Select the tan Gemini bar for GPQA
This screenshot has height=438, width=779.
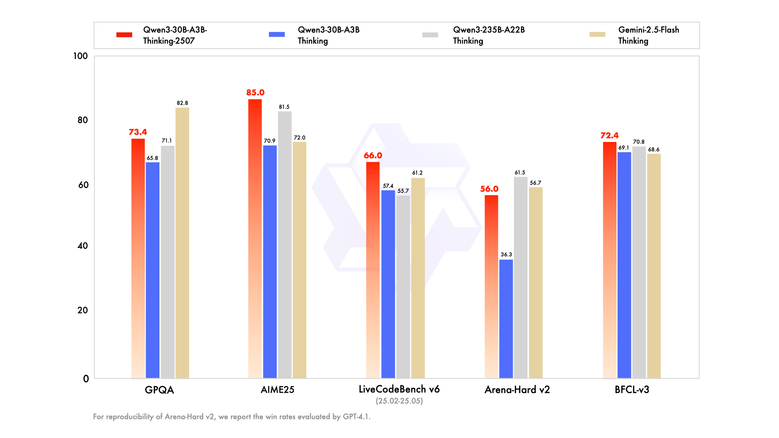[182, 243]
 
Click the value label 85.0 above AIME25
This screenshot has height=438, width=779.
[255, 92]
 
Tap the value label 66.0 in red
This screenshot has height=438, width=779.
[373, 155]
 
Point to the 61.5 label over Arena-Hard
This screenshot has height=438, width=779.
[520, 172]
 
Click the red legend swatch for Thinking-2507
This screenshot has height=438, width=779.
[124, 35]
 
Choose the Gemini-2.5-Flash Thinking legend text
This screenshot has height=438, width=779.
[648, 35]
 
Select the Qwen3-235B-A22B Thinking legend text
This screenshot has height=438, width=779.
[488, 35]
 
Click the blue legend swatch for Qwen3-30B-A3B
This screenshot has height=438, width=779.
[277, 34]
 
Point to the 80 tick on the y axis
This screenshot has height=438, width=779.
[83, 120]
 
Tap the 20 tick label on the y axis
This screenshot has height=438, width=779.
[83, 310]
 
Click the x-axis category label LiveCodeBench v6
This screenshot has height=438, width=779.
[399, 389]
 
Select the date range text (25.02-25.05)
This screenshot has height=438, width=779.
[399, 401]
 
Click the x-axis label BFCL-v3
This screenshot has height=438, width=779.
[632, 390]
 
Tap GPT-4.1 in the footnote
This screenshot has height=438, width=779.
[356, 417]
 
